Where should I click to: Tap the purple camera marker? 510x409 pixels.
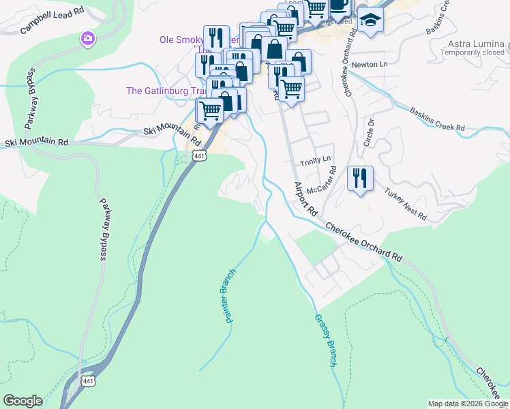pos(87,38)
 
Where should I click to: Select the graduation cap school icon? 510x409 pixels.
pos(371,20)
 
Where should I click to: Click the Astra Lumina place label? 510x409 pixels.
pos(475,43)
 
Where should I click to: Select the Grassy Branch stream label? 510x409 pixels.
pos(325,340)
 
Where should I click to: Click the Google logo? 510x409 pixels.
pos(22,401)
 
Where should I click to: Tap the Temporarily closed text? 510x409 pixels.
pos(475,52)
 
